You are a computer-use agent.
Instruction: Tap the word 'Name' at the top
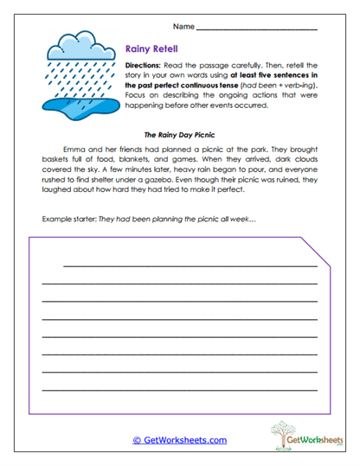[182, 27]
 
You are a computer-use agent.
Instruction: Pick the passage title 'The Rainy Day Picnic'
[179, 134]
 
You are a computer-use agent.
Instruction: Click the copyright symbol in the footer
[137, 440]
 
